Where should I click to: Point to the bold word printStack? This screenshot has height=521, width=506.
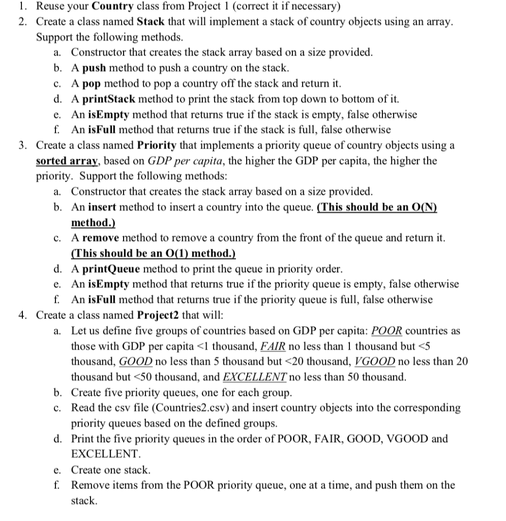107,99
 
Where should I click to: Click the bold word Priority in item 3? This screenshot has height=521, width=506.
157,146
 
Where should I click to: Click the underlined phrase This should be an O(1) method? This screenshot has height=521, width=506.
153,253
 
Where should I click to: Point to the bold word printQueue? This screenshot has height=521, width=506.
109,269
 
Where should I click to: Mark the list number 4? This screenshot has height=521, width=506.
22,315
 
